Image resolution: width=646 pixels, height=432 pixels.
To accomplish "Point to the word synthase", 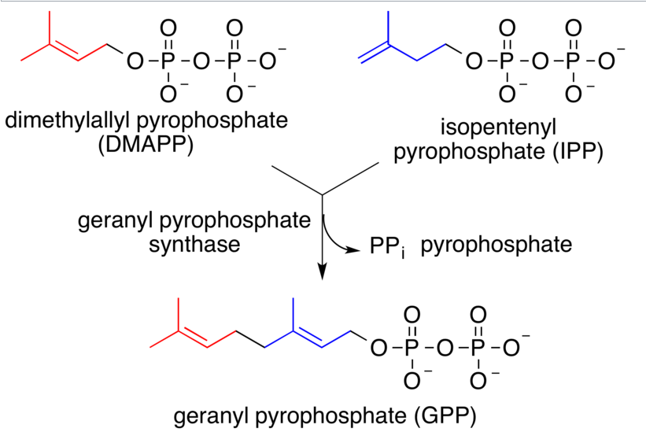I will pos(194,246).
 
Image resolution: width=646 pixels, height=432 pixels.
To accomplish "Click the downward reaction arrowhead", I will pos(322,272).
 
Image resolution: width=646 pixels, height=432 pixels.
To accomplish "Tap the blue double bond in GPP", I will pos(321,339).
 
